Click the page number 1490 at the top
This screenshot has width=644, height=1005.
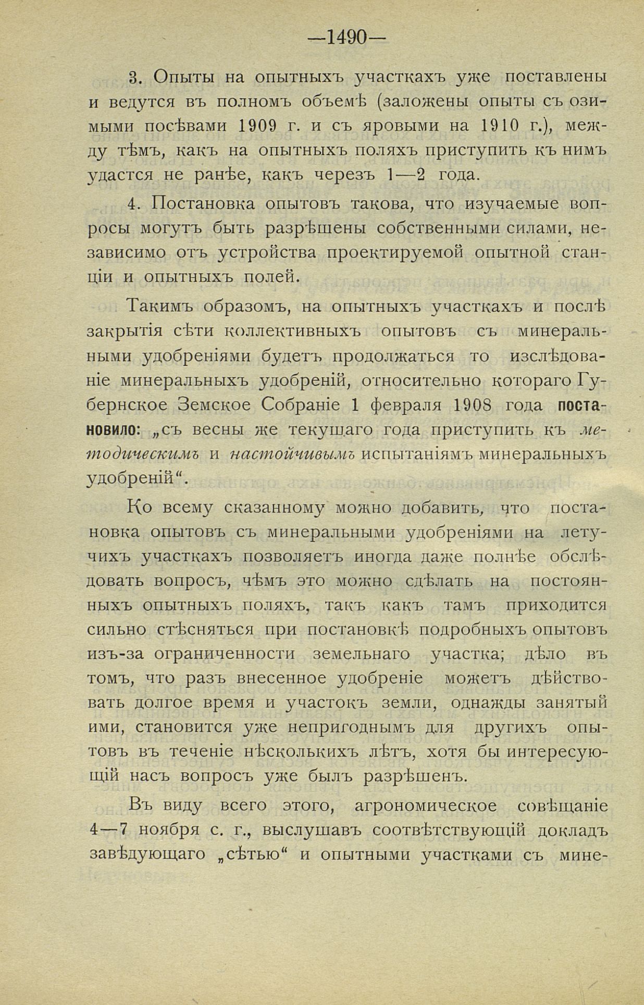[x=347, y=38]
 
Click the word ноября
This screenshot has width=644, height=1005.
[x=168, y=830]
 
